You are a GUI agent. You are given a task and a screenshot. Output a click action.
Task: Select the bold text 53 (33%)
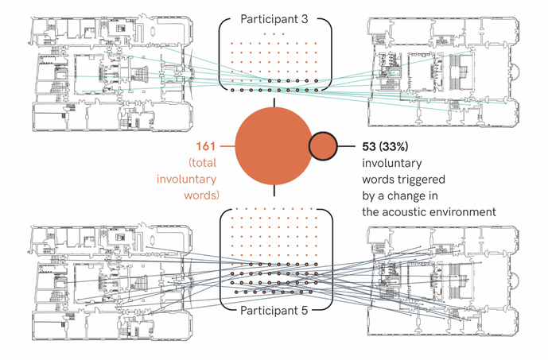point(387,146)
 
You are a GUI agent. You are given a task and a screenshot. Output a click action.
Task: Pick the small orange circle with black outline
point(322,146)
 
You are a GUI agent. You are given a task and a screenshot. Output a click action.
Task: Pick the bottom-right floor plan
point(442,275)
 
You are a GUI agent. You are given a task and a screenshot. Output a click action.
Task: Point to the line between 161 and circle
point(227,146)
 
